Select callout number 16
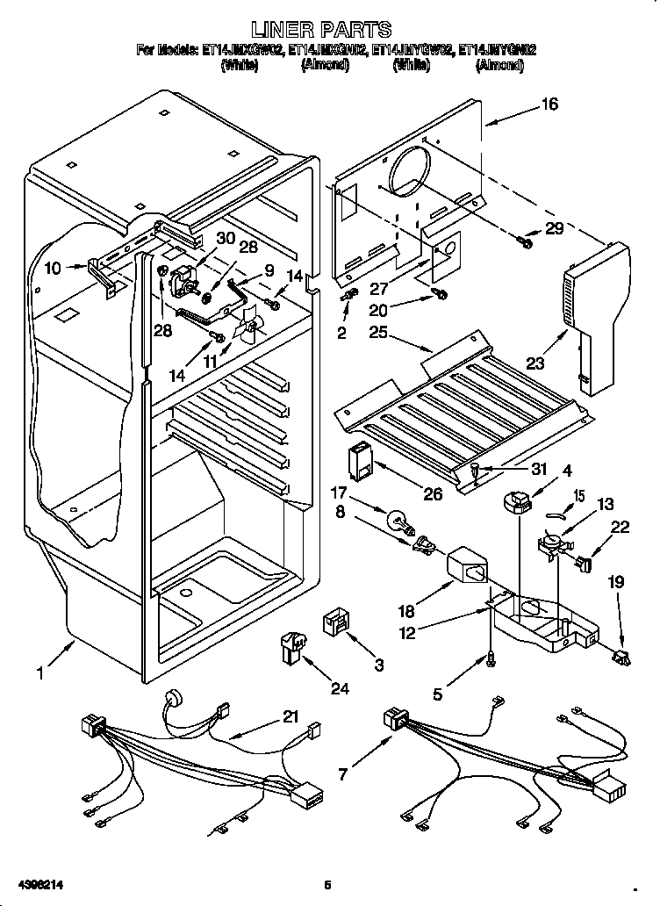coord(549,104)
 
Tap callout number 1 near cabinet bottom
coord(39,674)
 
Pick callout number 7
coord(342,775)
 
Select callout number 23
coord(535,362)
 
